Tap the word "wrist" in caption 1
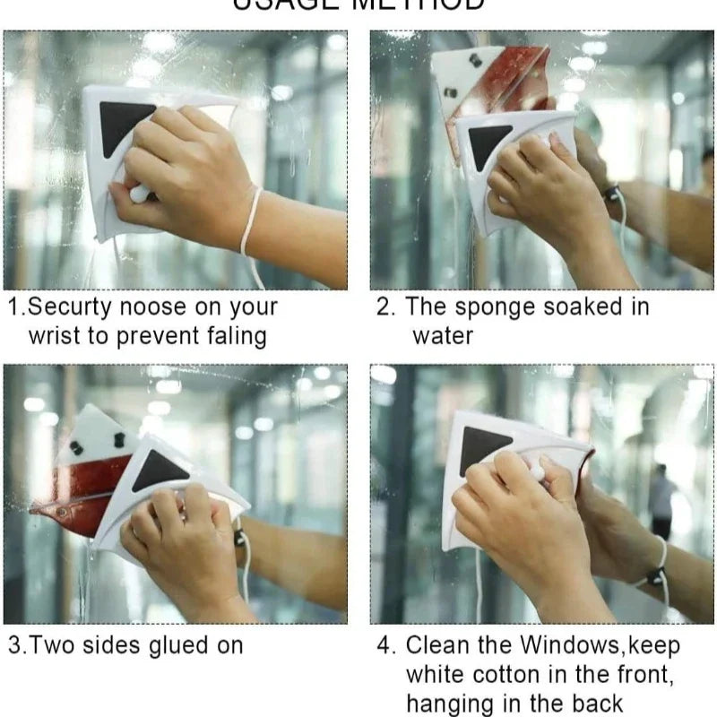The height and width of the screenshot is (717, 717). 59,336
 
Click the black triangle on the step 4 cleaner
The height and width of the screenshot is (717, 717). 484,447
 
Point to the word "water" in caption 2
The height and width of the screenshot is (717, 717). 443,336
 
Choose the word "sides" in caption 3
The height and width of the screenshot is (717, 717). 103,645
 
